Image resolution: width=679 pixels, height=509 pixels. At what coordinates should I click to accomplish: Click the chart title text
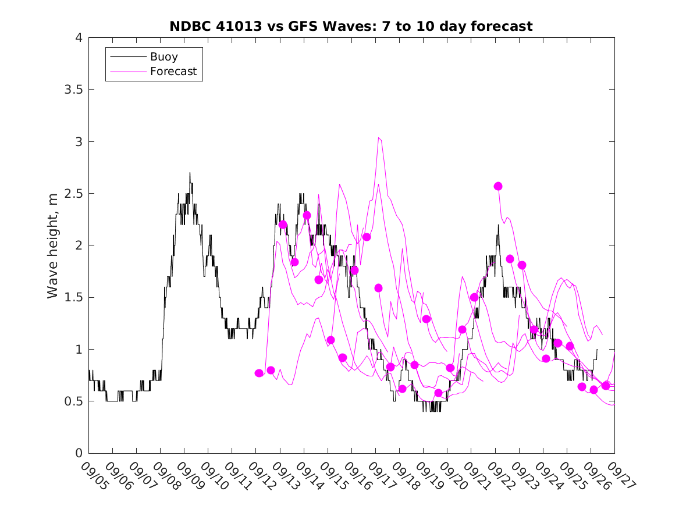pos(351,26)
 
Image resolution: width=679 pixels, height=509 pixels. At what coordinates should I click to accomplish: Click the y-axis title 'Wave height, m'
pos(53,245)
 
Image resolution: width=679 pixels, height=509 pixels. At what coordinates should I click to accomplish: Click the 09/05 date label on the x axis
pos(94,476)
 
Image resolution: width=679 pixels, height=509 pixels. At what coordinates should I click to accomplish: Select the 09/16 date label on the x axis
pos(357,476)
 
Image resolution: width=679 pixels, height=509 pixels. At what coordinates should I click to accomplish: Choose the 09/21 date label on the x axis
pos(477,476)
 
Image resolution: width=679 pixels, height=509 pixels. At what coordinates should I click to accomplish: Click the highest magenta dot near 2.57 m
pos(498,186)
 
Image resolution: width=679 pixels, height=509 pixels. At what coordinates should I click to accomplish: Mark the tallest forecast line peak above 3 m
pos(379,138)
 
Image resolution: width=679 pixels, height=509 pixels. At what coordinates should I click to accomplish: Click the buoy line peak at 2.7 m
pos(190,173)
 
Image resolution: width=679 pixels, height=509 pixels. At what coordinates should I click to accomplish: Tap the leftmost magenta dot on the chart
pos(259,373)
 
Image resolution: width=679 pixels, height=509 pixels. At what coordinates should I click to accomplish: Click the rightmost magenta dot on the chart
pos(606,385)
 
